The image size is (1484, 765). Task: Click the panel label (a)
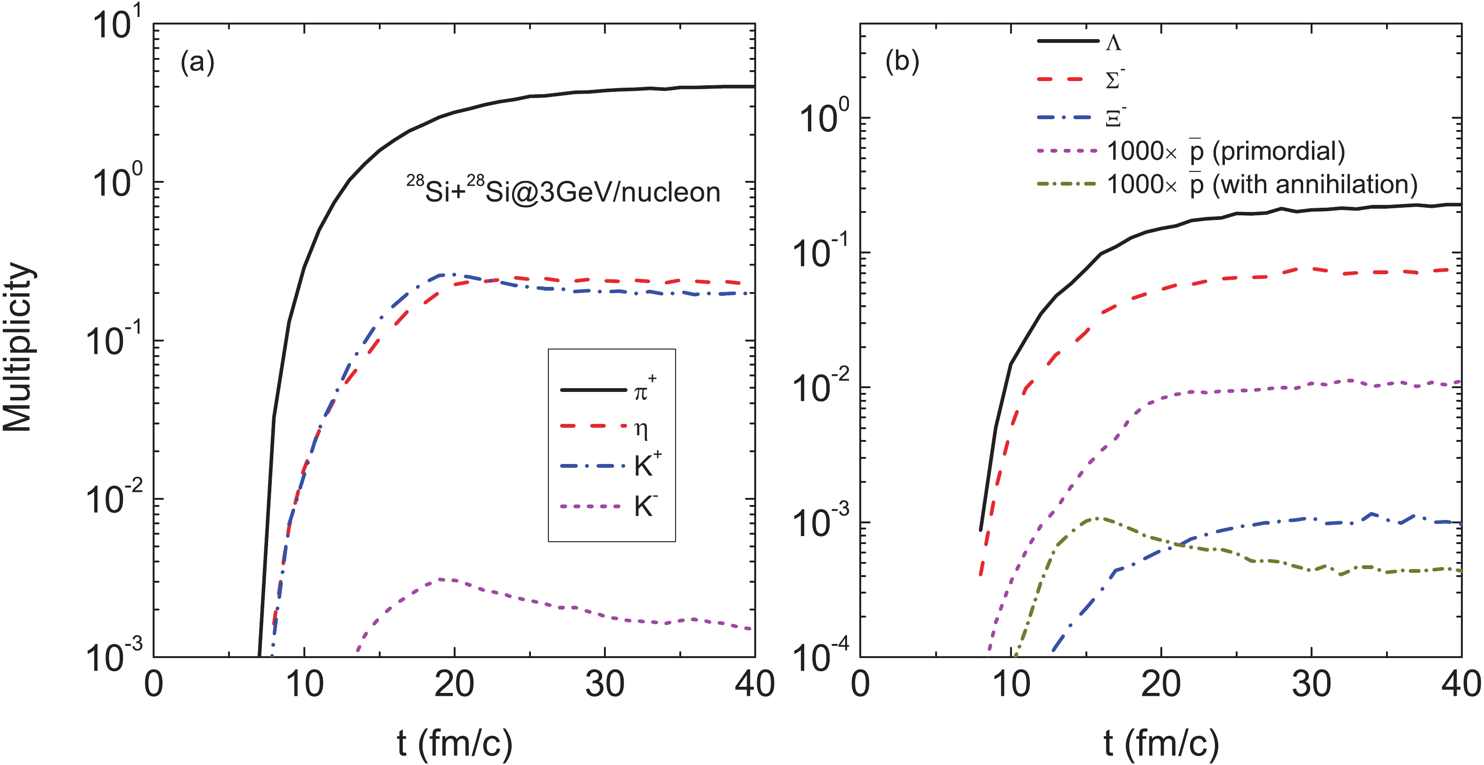coord(197,62)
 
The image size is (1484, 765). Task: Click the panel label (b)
coord(902,62)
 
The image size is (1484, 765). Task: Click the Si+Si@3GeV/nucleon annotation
coord(563,190)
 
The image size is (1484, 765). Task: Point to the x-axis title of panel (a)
coord(455,743)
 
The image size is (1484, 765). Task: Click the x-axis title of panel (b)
coord(1161,743)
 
